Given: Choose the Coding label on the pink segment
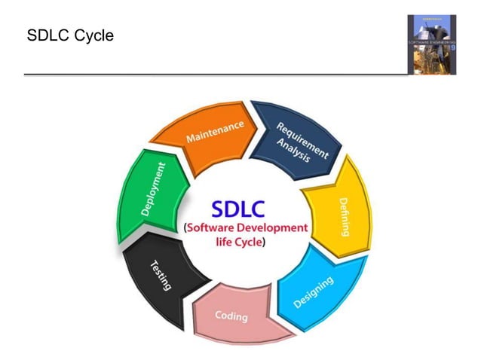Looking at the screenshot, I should (x=231, y=316).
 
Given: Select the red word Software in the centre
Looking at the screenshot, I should (x=216, y=228).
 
